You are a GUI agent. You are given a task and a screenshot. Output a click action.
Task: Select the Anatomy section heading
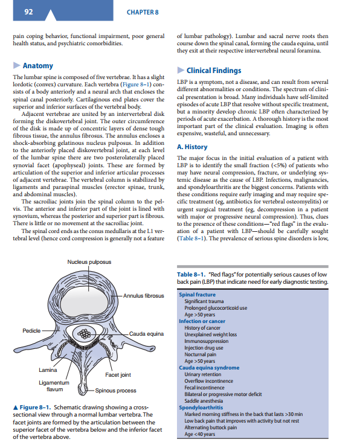(x=38, y=66)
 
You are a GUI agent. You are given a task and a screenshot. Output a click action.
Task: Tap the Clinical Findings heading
(x=214, y=70)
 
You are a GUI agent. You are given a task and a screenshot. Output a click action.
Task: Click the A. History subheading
(x=193, y=147)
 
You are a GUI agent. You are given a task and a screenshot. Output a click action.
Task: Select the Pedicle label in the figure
(x=31, y=331)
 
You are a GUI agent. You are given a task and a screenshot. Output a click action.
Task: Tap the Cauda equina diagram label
(x=147, y=333)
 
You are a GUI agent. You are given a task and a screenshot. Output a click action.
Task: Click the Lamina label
(x=48, y=370)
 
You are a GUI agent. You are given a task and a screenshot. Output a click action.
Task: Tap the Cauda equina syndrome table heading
(x=209, y=367)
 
